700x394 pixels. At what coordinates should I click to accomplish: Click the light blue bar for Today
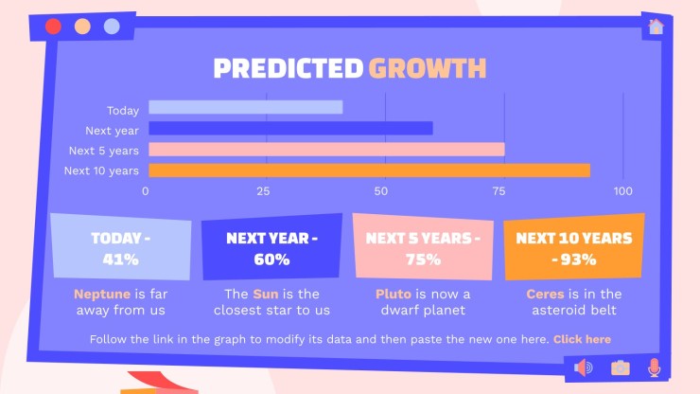point(246,107)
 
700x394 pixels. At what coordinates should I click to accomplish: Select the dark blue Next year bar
point(290,129)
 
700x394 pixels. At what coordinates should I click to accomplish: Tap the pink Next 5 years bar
point(326,150)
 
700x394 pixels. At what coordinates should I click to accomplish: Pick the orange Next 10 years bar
point(369,170)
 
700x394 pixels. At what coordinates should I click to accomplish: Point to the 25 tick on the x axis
point(263,191)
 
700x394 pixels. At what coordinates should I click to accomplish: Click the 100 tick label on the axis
point(622,191)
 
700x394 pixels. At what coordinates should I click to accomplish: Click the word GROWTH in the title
point(428,68)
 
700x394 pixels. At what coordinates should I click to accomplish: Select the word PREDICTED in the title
point(289,68)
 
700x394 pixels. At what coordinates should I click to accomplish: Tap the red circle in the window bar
point(53,27)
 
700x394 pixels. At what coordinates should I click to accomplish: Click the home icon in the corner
point(656,27)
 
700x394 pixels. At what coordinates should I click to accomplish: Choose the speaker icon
point(583,367)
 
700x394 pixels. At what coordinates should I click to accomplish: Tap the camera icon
point(621,367)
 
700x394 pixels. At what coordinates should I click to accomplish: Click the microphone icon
point(654,367)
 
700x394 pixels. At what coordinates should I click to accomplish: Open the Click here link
point(582,339)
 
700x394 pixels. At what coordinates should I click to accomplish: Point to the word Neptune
point(102,295)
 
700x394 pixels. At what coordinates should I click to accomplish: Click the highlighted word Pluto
point(394,295)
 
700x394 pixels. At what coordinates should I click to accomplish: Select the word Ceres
point(545,295)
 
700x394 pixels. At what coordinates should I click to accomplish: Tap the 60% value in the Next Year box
point(271,260)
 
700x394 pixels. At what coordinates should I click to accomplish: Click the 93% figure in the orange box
point(579,260)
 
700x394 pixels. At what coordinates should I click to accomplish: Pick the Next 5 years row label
point(103,151)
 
